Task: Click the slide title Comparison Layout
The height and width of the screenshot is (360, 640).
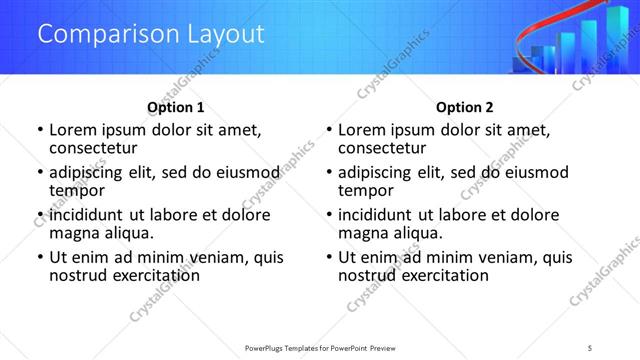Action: (x=151, y=34)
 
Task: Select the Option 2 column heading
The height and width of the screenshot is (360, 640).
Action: (x=465, y=107)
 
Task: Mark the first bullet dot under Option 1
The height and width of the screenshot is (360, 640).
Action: (x=39, y=130)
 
